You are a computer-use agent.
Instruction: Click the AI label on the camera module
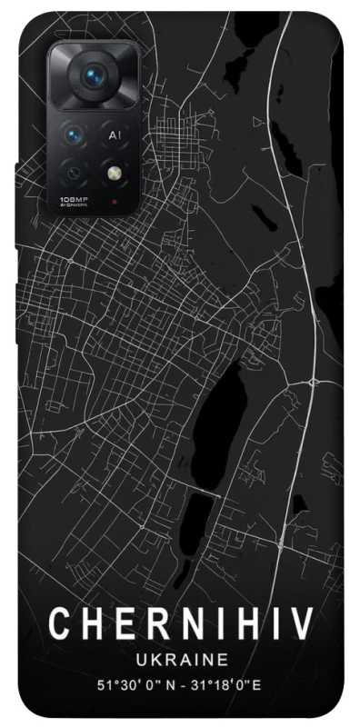[115, 134]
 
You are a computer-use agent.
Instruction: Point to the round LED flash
[115, 171]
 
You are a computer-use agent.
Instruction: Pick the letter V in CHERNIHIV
[303, 624]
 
